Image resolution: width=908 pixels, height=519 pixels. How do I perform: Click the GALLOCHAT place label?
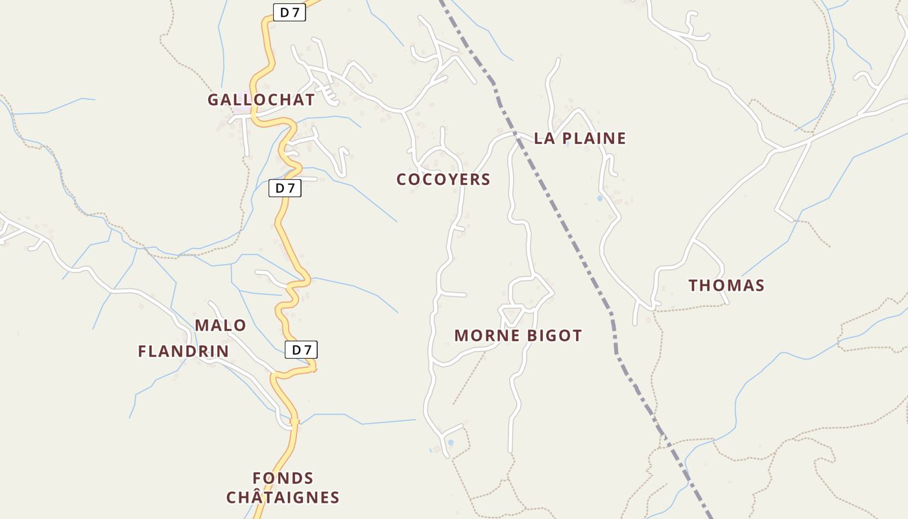click(261, 100)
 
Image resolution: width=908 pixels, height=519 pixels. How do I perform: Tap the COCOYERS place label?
click(443, 180)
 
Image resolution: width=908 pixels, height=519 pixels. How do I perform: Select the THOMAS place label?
click(726, 285)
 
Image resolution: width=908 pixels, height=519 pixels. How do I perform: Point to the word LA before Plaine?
click(544, 138)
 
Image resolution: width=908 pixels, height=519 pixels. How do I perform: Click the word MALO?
click(221, 326)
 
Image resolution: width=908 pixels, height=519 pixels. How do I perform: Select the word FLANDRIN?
click(183, 352)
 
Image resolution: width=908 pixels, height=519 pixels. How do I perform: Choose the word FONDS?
click(283, 479)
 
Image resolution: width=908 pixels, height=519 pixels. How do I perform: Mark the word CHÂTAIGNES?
click(283, 498)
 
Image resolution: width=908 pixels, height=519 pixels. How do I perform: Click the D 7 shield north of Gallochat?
click(289, 12)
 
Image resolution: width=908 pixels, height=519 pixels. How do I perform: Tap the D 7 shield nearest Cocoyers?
click(285, 188)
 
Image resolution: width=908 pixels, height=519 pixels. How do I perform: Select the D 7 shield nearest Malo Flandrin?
click(301, 350)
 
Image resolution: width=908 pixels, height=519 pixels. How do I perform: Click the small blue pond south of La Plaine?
click(600, 198)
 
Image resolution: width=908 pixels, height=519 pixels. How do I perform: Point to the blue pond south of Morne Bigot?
click(451, 442)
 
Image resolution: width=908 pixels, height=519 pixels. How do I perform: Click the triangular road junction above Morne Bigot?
click(512, 313)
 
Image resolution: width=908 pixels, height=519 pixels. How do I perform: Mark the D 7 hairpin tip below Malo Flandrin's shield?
click(314, 368)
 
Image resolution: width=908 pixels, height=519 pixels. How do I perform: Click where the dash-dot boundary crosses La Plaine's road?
click(516, 135)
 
